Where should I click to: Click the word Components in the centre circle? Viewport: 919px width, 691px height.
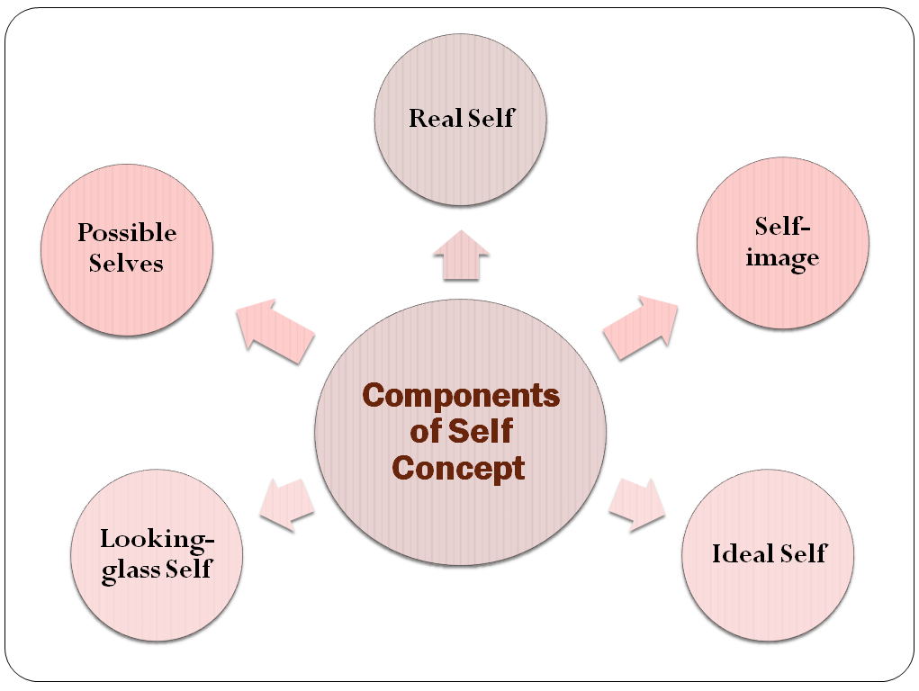click(460, 396)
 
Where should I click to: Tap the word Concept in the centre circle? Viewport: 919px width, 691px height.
click(460, 468)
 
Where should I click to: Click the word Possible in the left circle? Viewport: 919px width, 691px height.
click(127, 233)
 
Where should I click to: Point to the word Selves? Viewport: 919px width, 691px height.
click(126, 263)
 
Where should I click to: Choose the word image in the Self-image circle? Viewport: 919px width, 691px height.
click(782, 258)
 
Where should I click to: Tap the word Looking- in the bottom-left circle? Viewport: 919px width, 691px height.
click(158, 540)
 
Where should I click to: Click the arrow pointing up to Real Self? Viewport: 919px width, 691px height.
click(460, 255)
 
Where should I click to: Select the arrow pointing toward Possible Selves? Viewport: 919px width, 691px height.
click(274, 329)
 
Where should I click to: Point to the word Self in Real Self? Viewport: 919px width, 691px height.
click(491, 118)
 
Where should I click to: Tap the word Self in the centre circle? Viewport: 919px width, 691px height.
click(484, 432)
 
